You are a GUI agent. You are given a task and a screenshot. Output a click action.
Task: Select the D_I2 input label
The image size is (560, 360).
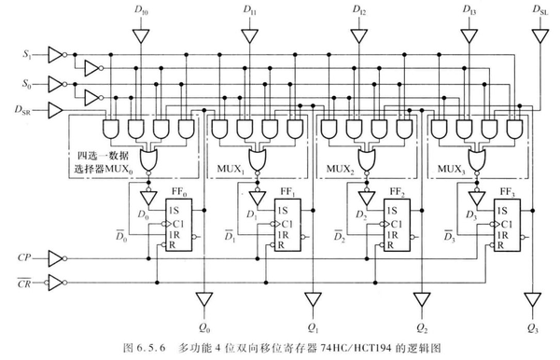[359, 10]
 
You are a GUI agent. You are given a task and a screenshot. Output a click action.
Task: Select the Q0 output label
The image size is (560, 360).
[205, 328]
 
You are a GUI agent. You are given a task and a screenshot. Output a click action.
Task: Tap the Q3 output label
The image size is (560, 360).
[532, 328]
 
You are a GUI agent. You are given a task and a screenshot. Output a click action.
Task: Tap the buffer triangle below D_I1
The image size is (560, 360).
[249, 37]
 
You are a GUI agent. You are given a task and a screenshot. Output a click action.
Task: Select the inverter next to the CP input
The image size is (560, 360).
[58, 256]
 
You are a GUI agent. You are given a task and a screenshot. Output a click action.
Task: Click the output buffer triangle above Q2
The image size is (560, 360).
[420, 299]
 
